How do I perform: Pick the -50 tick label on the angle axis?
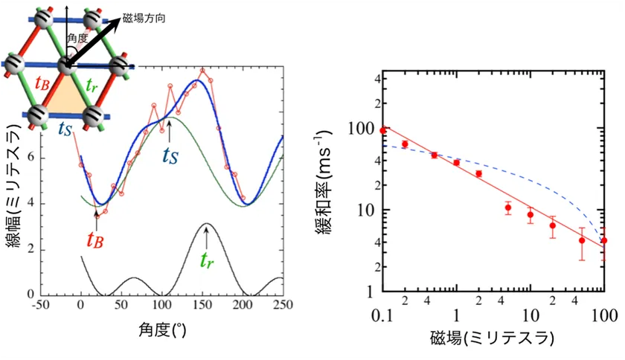(40, 306)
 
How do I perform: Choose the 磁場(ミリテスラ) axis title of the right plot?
(492, 338)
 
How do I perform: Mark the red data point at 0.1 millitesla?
(383, 130)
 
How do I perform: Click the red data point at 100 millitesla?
(604, 240)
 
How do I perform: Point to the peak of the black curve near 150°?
(206, 224)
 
